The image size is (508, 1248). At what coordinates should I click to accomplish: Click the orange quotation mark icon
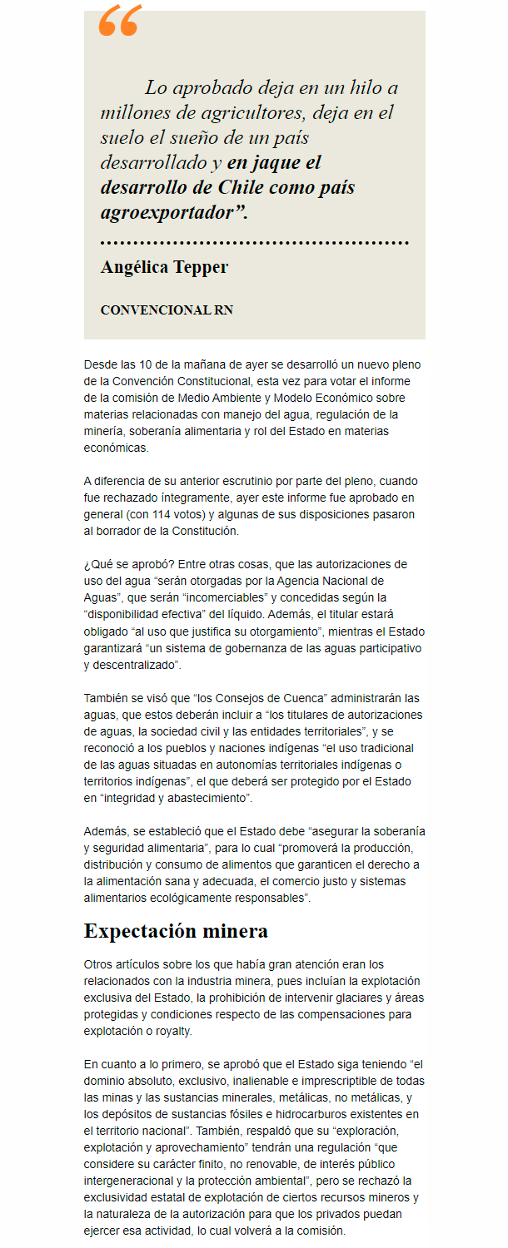(119, 22)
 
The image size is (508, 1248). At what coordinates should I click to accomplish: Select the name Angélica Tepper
(164, 267)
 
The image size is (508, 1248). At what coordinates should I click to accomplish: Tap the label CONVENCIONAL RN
(167, 310)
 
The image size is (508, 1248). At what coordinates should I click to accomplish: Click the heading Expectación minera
(176, 930)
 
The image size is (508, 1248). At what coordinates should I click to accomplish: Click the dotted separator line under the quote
(254, 243)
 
